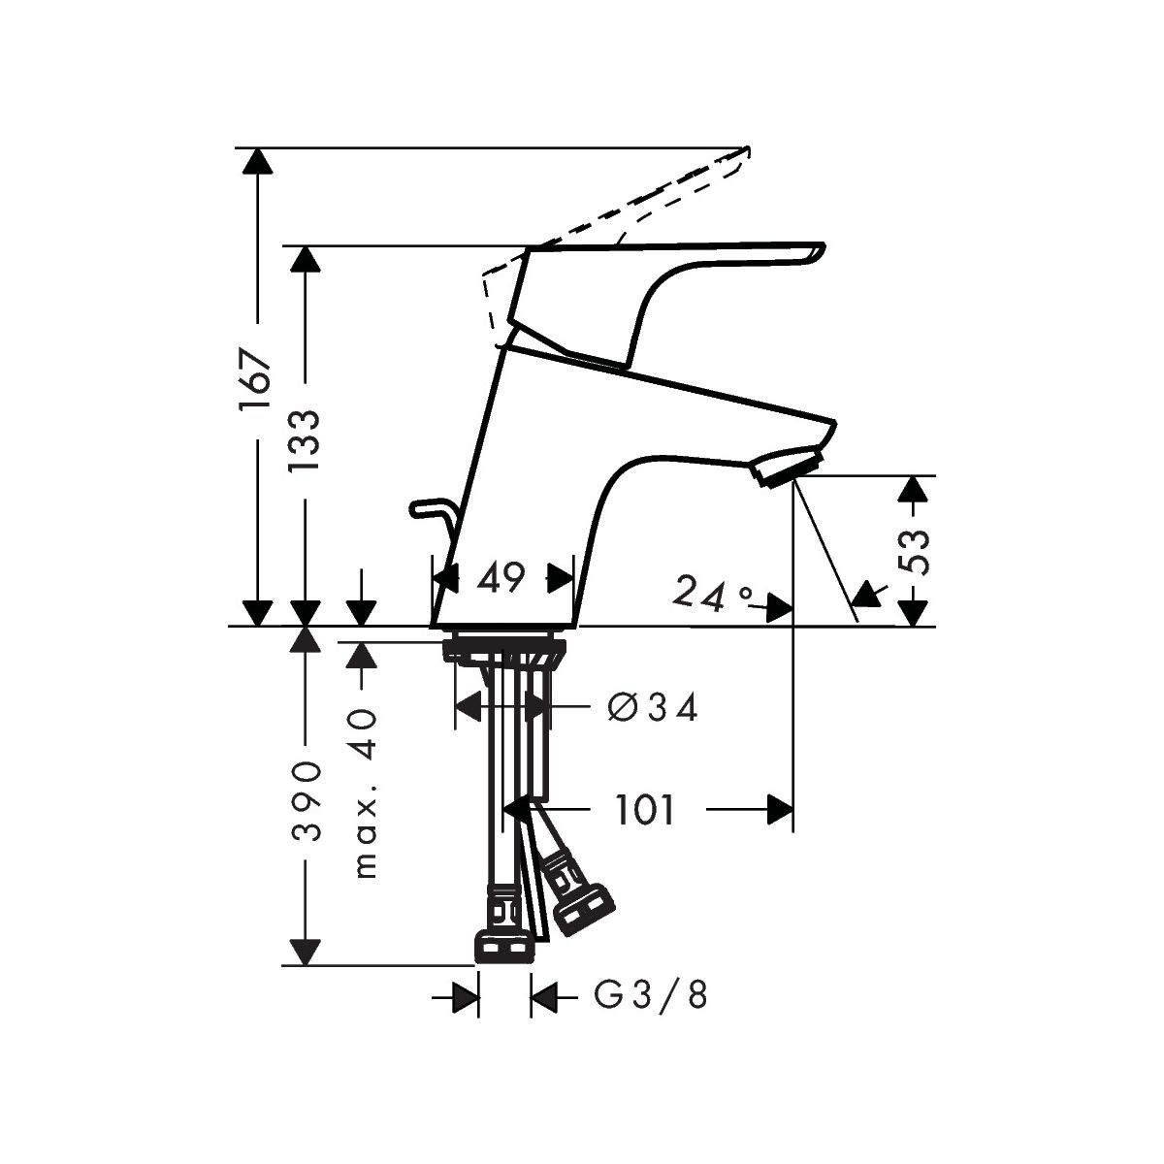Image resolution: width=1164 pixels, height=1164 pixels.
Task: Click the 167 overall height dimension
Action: (x=254, y=379)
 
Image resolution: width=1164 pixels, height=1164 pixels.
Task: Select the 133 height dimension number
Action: (x=304, y=441)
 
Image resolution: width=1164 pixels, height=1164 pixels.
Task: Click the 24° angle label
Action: (x=713, y=594)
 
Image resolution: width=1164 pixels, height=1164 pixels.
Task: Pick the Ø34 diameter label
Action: (x=653, y=707)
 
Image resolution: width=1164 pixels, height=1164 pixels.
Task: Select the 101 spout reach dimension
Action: (x=644, y=810)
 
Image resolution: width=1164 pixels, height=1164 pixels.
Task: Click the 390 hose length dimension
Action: (x=306, y=801)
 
